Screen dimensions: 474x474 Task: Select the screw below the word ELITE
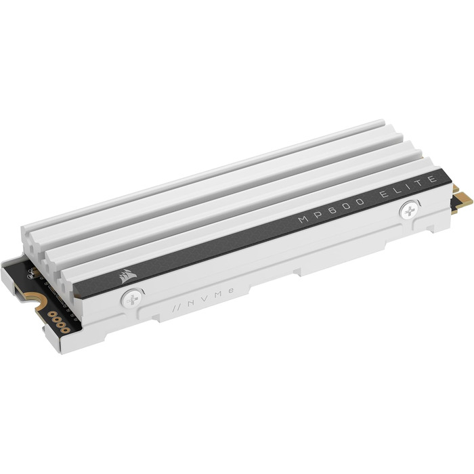[x=409, y=211]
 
